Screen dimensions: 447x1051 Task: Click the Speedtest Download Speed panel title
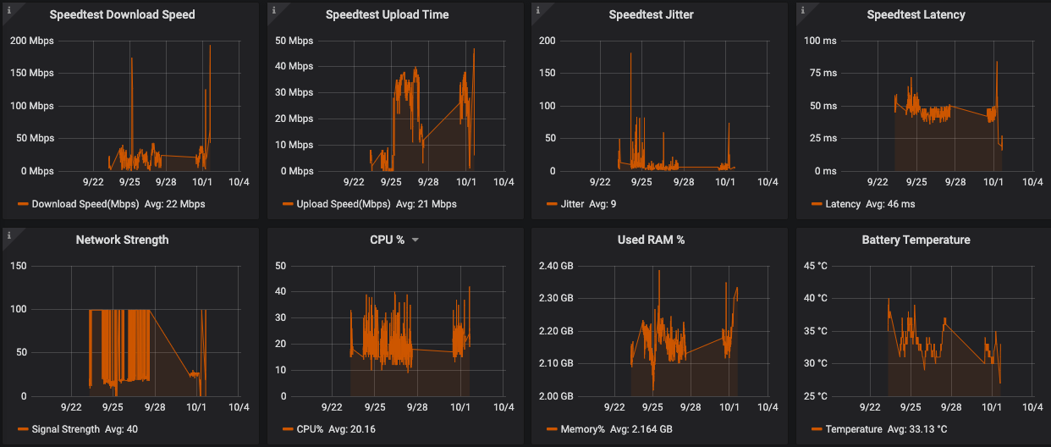coord(122,14)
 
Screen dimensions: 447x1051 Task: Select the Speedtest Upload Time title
coord(387,14)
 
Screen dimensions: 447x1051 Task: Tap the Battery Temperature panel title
coord(916,240)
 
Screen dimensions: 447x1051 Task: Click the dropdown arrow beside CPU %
coord(415,240)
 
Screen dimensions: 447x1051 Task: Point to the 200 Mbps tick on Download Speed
coord(31,41)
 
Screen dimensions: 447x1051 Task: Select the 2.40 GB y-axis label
coord(555,266)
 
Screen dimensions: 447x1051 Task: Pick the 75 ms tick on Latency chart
coord(820,73)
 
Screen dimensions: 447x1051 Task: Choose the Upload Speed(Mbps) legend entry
coord(344,204)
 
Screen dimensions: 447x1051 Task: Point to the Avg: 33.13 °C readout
coord(909,429)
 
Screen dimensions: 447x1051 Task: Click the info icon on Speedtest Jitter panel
coord(538,9)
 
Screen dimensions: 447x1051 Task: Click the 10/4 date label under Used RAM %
coord(768,406)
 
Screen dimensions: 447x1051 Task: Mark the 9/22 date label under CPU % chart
coord(332,406)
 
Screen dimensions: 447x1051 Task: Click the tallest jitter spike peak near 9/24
coord(630,53)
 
